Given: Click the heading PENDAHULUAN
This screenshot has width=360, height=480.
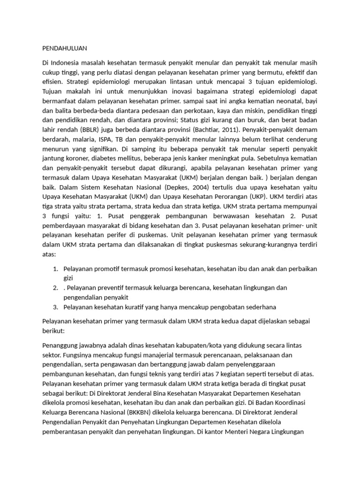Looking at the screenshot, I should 65,48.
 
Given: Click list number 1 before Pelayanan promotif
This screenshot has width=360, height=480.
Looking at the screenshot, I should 55,269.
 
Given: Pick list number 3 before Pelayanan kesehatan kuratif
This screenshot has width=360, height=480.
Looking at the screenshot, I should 55,307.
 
